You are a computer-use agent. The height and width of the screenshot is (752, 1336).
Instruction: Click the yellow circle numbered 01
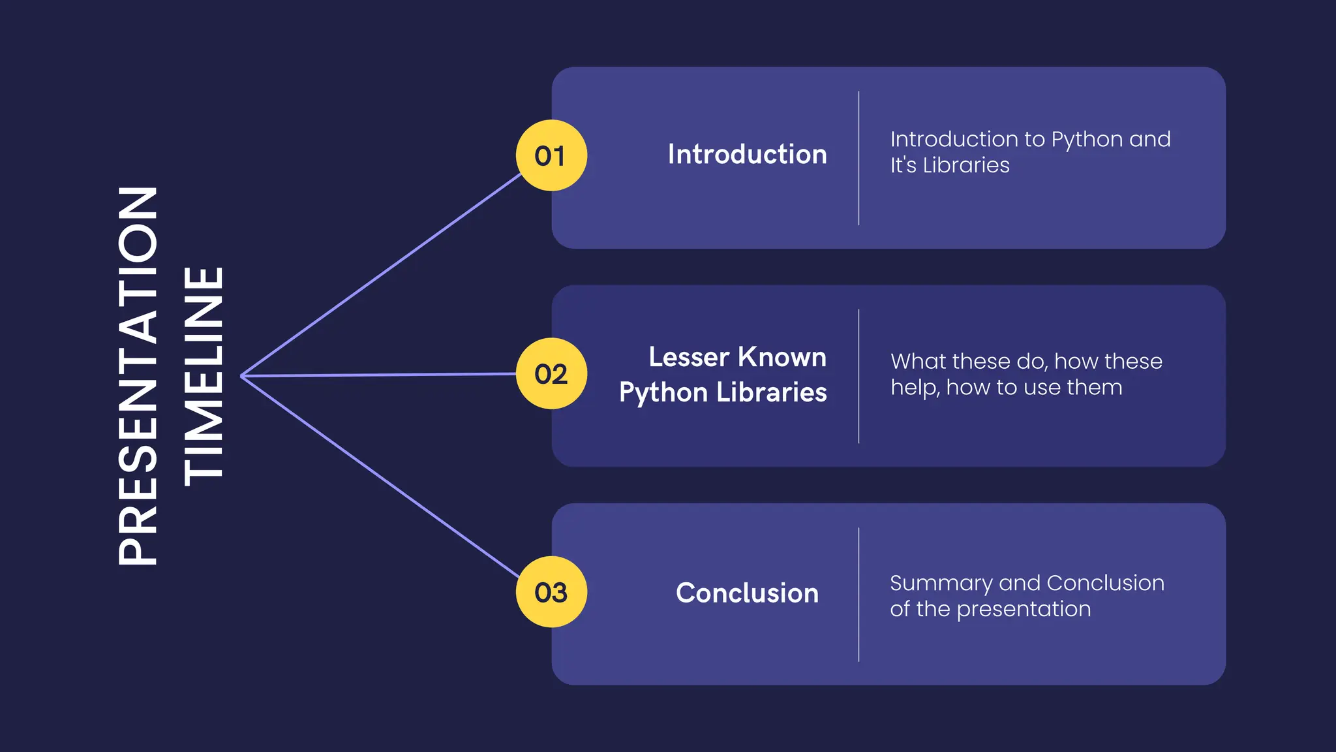551,155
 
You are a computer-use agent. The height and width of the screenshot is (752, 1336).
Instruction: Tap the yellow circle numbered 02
551,373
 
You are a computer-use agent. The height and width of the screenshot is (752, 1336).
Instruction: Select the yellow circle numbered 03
551,592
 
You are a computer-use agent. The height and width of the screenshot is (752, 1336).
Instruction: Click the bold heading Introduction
747,155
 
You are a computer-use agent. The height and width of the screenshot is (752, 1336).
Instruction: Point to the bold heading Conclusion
747,593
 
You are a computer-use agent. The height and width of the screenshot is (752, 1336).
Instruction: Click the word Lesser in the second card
688,357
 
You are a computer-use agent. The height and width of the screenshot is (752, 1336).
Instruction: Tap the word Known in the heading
782,357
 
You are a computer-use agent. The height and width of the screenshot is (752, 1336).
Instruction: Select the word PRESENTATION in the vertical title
138,376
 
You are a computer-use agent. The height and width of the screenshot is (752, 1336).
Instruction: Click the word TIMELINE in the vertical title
204,376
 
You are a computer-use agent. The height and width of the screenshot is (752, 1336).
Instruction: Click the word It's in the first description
903,165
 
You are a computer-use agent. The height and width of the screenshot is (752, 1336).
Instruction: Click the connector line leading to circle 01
382,275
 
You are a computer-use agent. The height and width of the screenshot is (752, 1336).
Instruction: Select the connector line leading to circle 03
382,477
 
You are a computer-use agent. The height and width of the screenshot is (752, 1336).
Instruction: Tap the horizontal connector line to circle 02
378,375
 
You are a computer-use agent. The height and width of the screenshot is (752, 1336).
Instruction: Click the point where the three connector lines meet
242,376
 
